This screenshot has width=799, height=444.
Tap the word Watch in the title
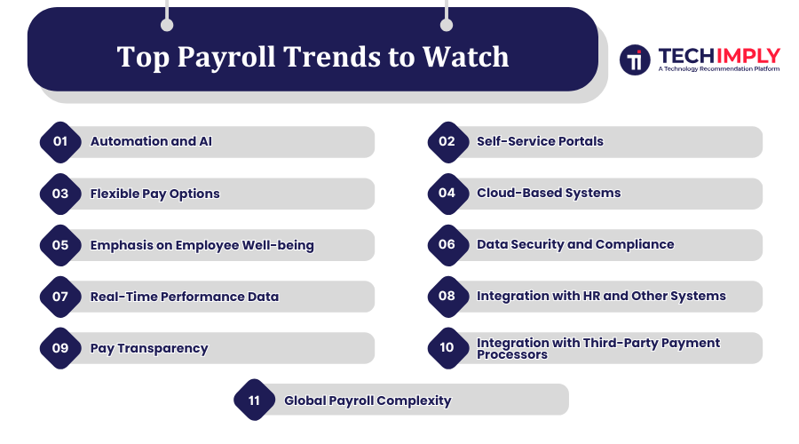465,57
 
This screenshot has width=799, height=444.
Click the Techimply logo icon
634,60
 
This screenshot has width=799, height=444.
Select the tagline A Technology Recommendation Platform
718,68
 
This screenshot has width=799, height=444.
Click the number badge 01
60,142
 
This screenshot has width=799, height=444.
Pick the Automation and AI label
151,141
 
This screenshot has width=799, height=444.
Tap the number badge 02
447,142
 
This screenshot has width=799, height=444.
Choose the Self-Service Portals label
540,141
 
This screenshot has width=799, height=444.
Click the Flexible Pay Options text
154,193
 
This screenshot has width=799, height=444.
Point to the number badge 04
447,194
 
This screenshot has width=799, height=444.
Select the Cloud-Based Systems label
549,193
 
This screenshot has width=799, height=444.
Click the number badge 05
60,245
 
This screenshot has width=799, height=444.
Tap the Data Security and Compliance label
575,244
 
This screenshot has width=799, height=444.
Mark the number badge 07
60,297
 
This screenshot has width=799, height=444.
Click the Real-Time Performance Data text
184,296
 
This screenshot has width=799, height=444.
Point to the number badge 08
447,297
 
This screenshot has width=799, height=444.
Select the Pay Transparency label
149,347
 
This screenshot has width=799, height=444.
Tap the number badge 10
447,348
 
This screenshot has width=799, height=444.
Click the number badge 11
254,400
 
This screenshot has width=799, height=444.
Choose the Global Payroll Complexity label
368,400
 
